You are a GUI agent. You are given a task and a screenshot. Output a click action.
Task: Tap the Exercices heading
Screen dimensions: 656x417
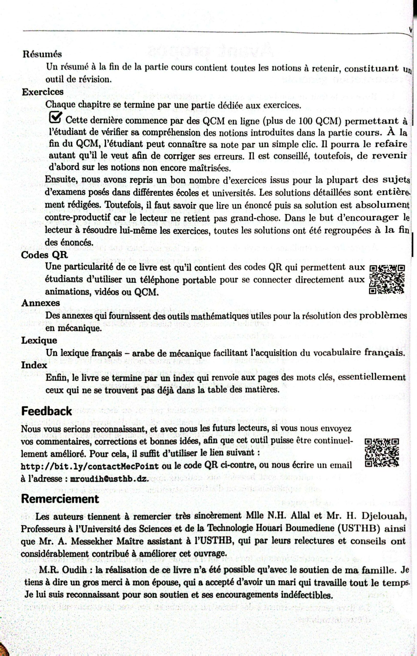pyautogui.click(x=43, y=92)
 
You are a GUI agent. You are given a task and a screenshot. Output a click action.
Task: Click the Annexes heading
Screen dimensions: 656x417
pyautogui.click(x=40, y=303)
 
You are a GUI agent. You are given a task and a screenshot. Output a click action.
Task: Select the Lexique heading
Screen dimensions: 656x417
pyautogui.click(x=39, y=340)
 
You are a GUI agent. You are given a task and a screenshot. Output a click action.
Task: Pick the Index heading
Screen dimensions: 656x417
pyautogui.click(x=34, y=365)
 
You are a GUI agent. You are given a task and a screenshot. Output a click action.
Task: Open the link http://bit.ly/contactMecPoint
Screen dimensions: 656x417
pyautogui.click(x=90, y=466)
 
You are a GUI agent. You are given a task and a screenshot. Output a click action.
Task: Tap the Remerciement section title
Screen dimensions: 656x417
pyautogui.click(x=60, y=499)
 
